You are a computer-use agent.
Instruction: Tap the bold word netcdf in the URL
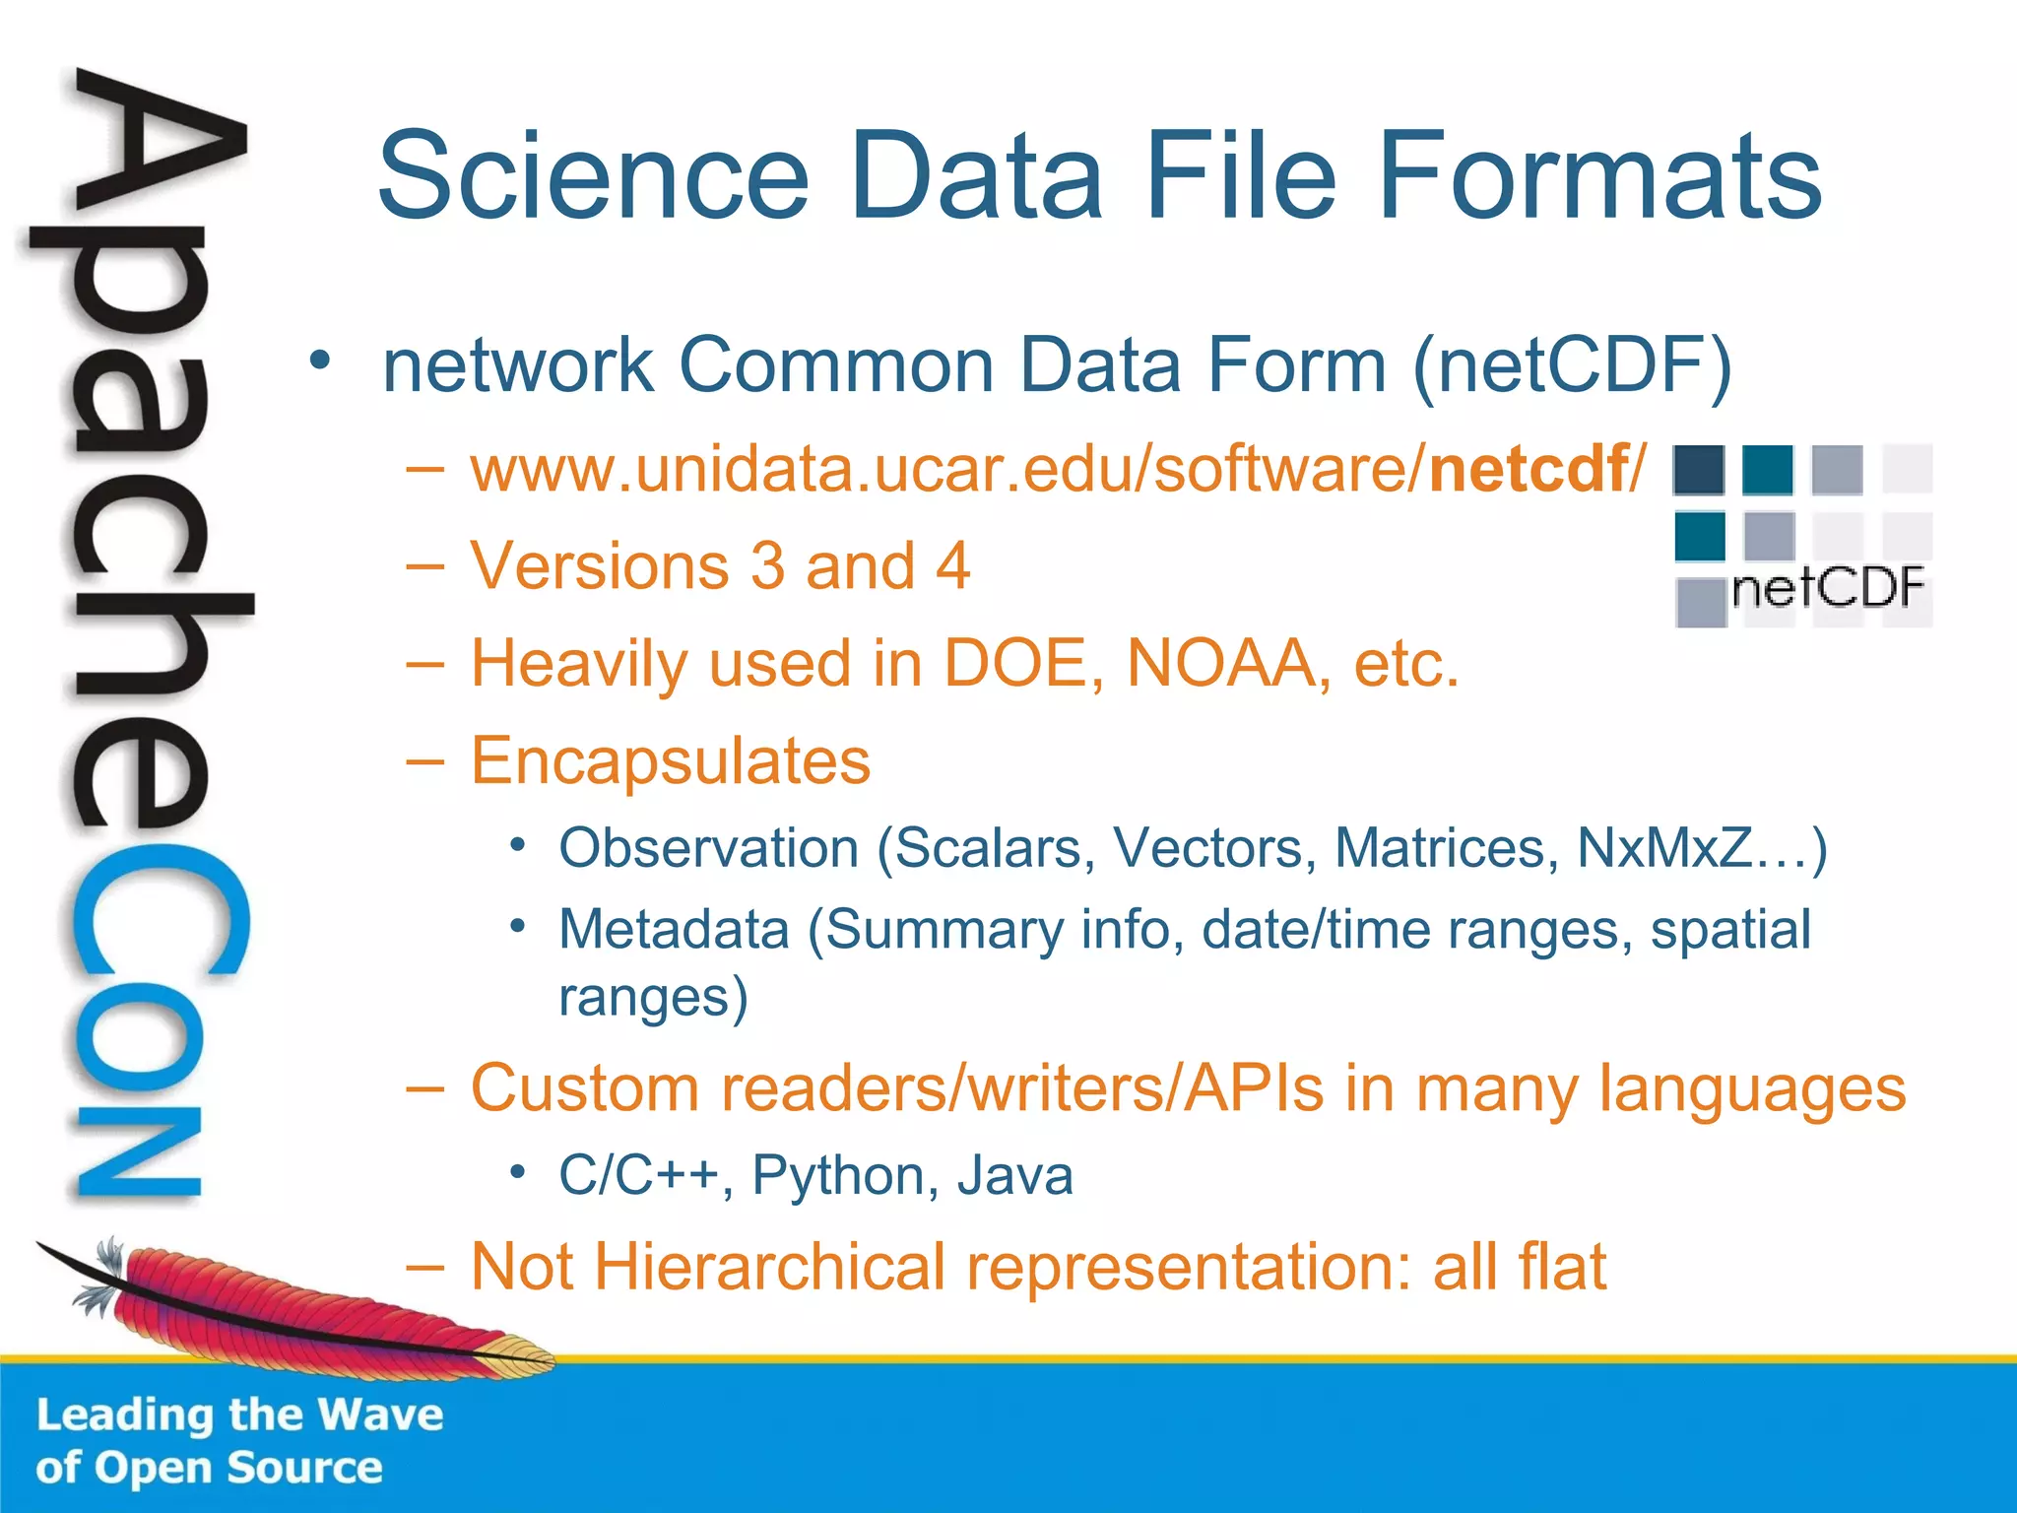point(1528,469)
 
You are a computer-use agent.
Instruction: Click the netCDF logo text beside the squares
point(1827,589)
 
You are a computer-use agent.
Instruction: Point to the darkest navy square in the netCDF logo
point(1699,470)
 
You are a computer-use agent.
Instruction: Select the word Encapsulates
point(671,760)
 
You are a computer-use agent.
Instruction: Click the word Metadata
point(675,930)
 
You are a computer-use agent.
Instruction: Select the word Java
point(1014,1175)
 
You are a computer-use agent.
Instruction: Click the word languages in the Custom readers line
point(1752,1089)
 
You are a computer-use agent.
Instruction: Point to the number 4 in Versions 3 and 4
point(952,566)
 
